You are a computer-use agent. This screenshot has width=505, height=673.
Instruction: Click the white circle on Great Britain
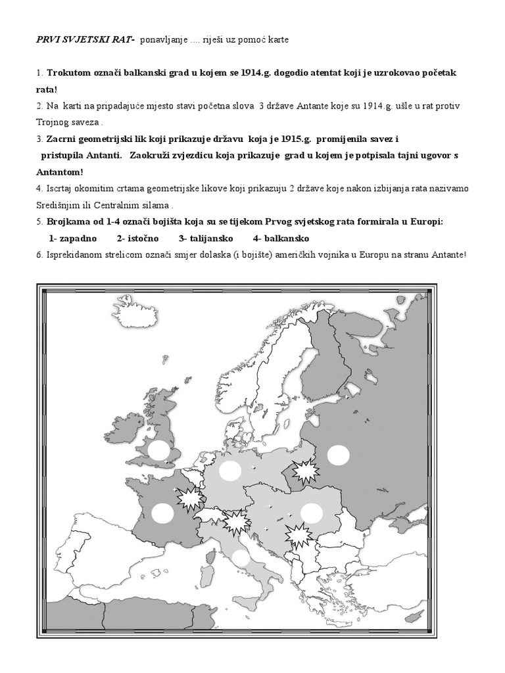click(x=158, y=450)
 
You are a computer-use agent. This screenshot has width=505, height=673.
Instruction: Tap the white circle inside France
click(x=162, y=513)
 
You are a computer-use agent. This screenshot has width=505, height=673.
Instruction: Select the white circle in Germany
click(x=231, y=471)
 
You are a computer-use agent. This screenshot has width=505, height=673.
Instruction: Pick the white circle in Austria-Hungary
click(x=311, y=513)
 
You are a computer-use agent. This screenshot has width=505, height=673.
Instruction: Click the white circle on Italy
click(x=241, y=557)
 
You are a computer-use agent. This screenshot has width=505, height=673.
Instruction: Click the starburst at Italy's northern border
click(x=235, y=523)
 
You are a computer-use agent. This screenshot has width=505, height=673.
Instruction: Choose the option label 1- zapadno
click(x=73, y=238)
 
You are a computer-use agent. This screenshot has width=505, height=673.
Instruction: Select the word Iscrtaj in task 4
click(x=58, y=189)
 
